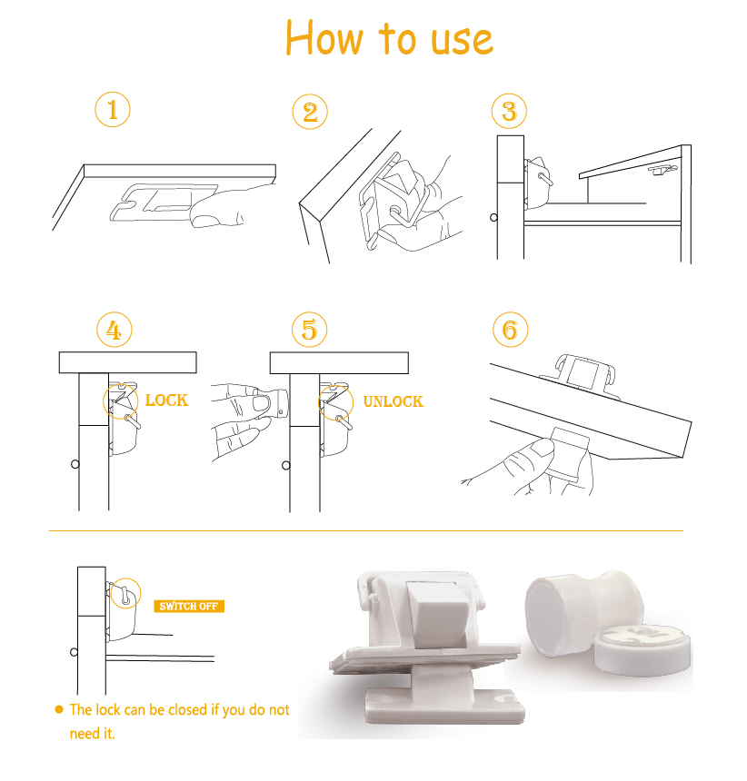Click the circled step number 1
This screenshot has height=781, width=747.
click(x=113, y=110)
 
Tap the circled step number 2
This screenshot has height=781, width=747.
click(x=310, y=112)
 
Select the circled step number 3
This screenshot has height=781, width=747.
click(x=509, y=111)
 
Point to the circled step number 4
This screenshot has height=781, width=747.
click(x=115, y=330)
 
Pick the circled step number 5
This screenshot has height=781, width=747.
click(x=310, y=330)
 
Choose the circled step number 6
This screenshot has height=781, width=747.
click(x=511, y=330)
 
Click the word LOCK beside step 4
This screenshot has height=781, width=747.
click(x=167, y=400)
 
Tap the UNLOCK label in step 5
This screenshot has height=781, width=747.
click(x=393, y=401)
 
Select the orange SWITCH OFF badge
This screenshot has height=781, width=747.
click(x=189, y=606)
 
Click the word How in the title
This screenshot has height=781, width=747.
click(x=324, y=38)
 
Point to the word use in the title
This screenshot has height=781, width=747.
click(x=462, y=41)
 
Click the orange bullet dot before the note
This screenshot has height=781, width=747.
click(x=59, y=709)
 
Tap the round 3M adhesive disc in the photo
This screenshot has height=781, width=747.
click(x=642, y=650)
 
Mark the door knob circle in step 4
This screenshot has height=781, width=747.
click(x=75, y=464)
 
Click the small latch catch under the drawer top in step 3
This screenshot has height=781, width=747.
click(x=662, y=170)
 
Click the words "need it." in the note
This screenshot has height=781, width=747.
click(x=92, y=734)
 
